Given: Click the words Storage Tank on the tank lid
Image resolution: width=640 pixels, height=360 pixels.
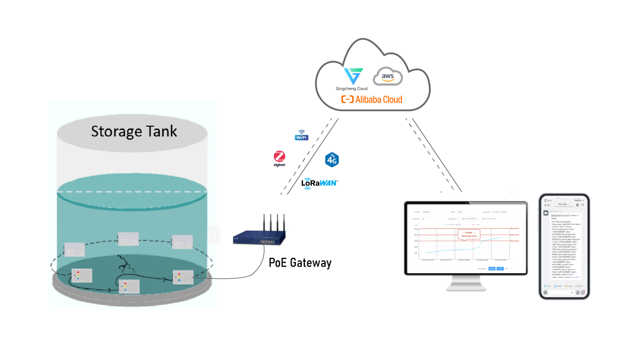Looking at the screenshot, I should (134, 132).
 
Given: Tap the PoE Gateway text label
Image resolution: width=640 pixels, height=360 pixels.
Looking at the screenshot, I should (300, 263).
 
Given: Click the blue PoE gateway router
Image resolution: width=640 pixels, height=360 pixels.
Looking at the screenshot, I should (259, 238).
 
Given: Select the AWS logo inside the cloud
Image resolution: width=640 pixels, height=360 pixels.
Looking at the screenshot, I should (388, 77).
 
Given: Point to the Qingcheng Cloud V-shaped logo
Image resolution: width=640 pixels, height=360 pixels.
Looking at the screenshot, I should (353, 76).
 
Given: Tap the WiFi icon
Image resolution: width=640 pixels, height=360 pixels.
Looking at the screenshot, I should (302, 136).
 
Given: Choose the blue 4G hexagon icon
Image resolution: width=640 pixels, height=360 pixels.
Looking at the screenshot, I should (332, 161).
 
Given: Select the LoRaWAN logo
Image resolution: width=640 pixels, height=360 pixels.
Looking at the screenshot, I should (319, 183).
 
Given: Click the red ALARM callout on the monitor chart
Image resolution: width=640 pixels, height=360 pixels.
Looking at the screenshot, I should (468, 234).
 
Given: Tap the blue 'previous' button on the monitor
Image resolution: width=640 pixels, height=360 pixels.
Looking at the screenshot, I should (491, 269).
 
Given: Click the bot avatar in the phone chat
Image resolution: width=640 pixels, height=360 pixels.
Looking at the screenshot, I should (546, 213).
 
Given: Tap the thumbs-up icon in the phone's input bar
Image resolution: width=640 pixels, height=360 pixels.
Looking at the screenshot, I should (572, 292).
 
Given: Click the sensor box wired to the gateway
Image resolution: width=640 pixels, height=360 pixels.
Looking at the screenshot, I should (183, 277).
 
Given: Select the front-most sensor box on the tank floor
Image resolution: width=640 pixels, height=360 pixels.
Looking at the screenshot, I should (129, 287).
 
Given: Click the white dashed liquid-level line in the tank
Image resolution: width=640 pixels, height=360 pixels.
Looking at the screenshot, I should (131, 192).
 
